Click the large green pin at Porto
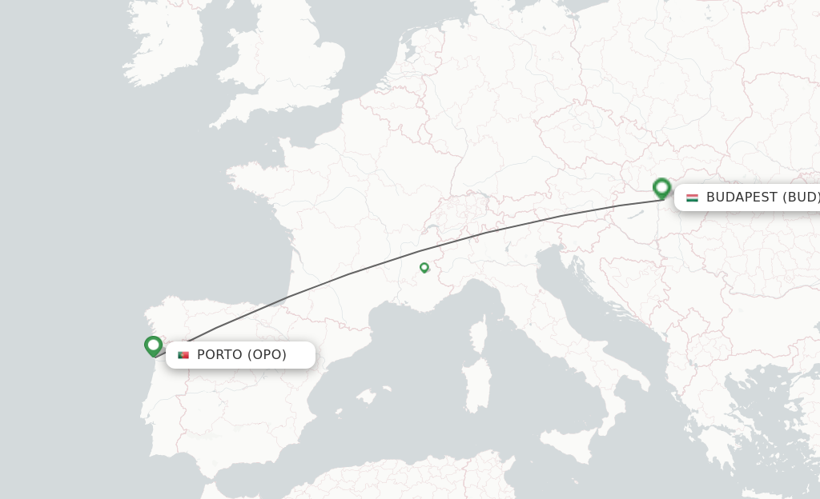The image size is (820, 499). [153, 345]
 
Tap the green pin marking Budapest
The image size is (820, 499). [661, 188]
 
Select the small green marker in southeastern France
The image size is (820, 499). [424, 267]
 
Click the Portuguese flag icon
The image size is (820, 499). [183, 355]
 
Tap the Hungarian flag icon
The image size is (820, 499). [692, 198]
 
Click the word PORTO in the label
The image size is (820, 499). [219, 355]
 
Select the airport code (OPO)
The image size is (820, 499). [267, 355]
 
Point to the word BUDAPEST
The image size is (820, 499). [741, 198]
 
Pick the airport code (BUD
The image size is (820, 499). [801, 198]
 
